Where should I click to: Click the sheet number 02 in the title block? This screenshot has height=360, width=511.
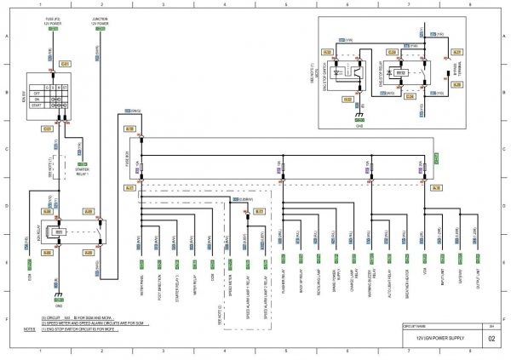point(491,338)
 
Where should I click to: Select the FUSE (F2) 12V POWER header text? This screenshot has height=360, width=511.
point(53,20)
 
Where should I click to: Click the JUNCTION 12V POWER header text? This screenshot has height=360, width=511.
point(100,20)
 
